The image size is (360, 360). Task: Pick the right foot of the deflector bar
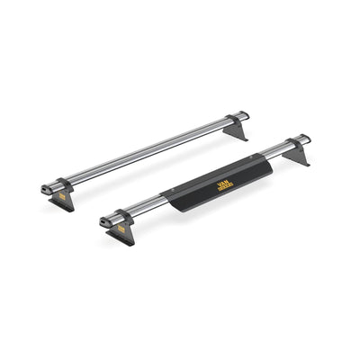tap(296, 156)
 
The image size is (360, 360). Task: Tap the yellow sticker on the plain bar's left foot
tap(62, 194)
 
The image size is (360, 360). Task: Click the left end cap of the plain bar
tap(45, 189)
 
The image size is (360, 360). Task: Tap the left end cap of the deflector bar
tap(105, 220)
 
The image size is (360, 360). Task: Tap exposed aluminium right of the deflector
tap(274, 150)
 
